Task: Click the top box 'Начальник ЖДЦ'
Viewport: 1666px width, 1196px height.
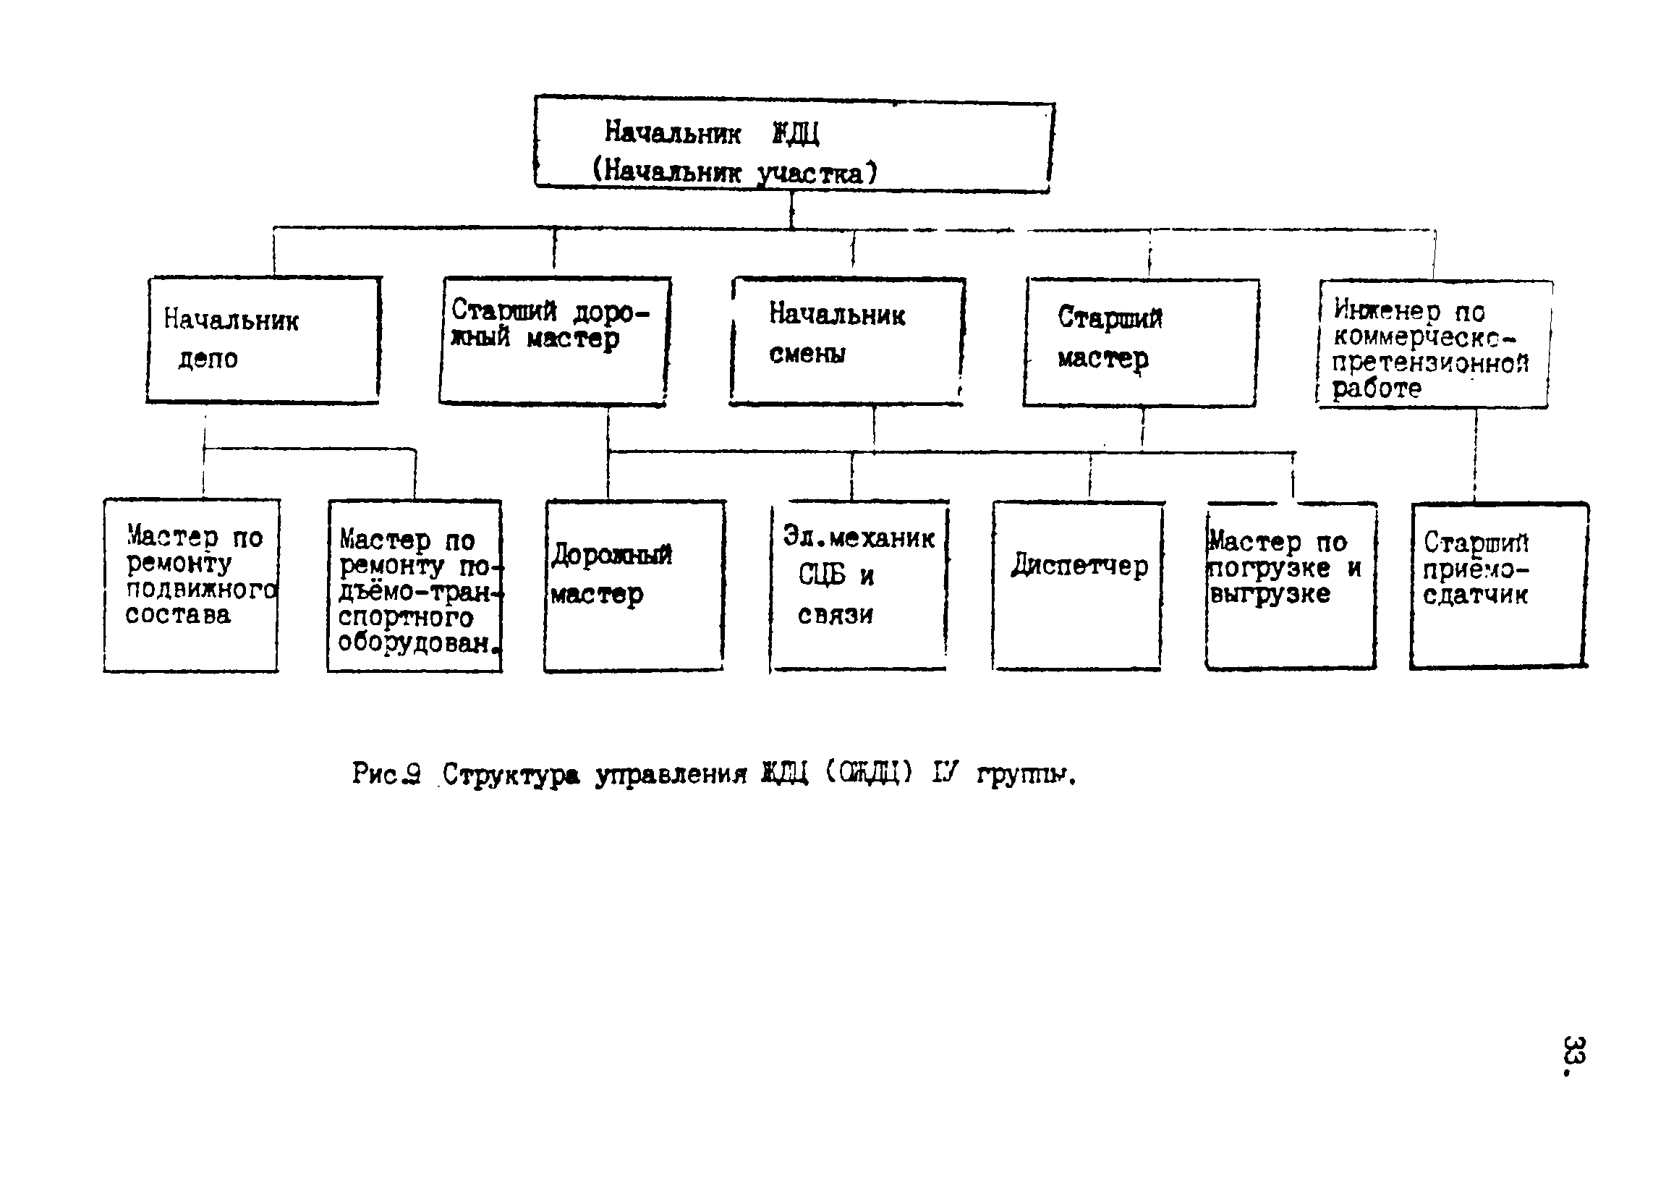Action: (x=794, y=145)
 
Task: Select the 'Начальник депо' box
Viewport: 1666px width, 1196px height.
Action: (x=263, y=340)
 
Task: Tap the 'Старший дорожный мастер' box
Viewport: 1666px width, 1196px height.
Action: (x=554, y=341)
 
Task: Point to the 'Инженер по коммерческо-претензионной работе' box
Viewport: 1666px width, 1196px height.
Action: (x=1434, y=344)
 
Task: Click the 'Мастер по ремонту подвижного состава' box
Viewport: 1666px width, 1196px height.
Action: (x=191, y=585)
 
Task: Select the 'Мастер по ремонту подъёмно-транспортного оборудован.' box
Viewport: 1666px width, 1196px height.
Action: (x=415, y=586)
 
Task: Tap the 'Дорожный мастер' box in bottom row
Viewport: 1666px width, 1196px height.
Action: (x=634, y=585)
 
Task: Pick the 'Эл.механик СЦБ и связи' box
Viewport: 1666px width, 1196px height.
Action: (x=859, y=586)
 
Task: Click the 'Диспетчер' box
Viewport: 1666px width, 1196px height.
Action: (x=1078, y=585)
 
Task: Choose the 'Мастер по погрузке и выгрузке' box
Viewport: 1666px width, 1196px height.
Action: (x=1291, y=585)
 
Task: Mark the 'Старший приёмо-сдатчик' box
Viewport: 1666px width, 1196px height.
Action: (x=1498, y=585)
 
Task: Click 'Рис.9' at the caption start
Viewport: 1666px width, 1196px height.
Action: (x=386, y=773)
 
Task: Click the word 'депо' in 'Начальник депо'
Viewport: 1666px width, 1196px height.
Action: (x=208, y=360)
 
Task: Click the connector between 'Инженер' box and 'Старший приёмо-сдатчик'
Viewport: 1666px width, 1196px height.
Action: (x=1476, y=456)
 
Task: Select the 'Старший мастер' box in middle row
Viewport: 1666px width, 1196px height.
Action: (x=1140, y=342)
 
